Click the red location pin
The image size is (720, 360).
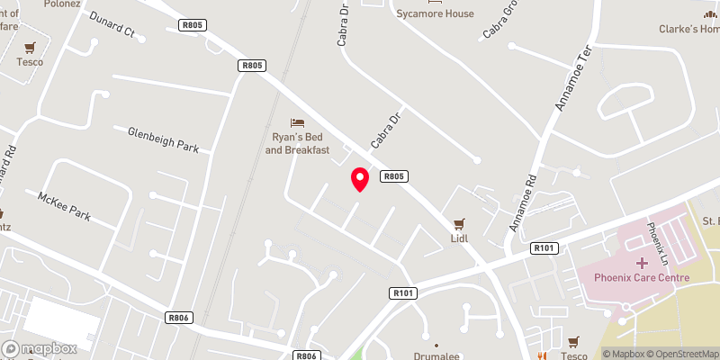pyautogui.click(x=360, y=178)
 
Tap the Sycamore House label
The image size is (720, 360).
pyautogui.click(x=435, y=13)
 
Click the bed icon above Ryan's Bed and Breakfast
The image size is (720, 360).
pyautogui.click(x=297, y=122)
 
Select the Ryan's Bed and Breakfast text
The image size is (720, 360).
pyautogui.click(x=297, y=143)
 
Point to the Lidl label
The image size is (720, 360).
pyautogui.click(x=461, y=238)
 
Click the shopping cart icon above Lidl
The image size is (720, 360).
pyautogui.click(x=461, y=223)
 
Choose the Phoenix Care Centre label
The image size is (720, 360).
pyautogui.click(x=642, y=278)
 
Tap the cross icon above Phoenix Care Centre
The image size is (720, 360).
pyautogui.click(x=642, y=263)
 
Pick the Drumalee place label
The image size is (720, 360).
pyautogui.click(x=436, y=356)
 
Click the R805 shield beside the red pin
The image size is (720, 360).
pyautogui.click(x=393, y=176)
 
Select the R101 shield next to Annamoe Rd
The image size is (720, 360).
pyautogui.click(x=544, y=247)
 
